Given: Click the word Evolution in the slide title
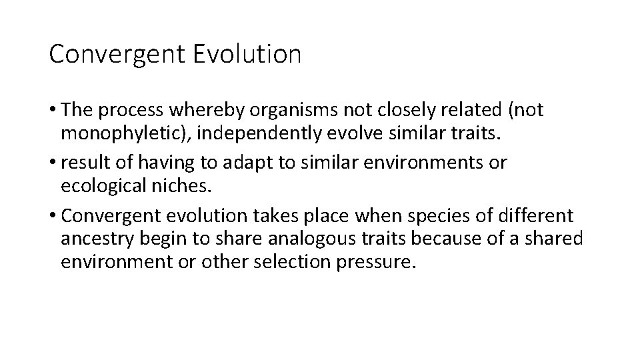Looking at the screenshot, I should (x=247, y=54).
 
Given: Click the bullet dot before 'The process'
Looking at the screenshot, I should (x=53, y=110).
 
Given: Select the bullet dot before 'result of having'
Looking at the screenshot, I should (x=53, y=162).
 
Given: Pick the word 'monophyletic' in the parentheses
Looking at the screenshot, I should (x=117, y=133).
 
